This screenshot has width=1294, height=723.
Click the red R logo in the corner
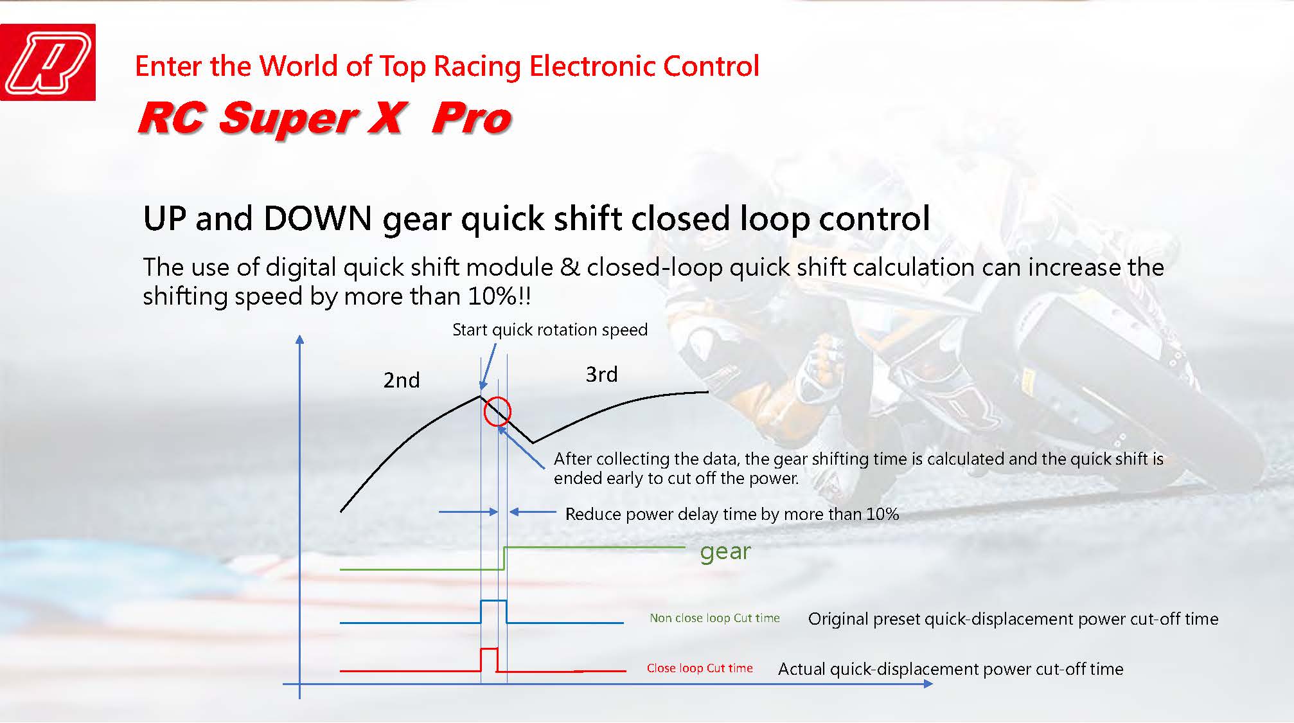pos(48,62)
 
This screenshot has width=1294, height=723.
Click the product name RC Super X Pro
pos(324,118)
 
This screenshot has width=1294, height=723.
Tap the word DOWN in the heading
pos(317,219)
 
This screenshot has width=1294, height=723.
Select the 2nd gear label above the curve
pos(402,380)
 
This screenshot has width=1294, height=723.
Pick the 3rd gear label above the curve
pos(601,374)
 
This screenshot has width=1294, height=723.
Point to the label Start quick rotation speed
pos(550,330)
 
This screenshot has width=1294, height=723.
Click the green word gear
pos(725,551)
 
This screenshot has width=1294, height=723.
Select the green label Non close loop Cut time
pos(714,618)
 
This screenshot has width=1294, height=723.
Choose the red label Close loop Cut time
pos(700,668)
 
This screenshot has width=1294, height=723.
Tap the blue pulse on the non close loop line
pos(493,601)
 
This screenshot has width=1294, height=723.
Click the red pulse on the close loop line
pos(489,649)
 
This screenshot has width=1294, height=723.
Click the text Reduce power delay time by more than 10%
pos(732,514)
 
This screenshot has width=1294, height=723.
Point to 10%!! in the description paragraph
pos(499,296)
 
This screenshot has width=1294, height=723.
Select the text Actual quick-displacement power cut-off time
pos(951,669)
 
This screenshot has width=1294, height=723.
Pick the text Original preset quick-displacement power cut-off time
pos(1013,619)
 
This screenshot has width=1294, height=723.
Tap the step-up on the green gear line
pos(504,558)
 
